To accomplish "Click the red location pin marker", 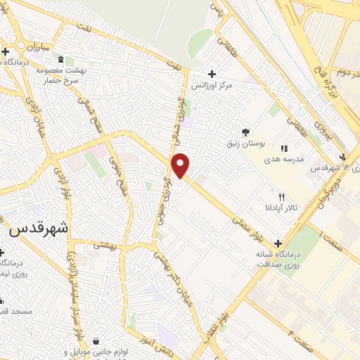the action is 181,165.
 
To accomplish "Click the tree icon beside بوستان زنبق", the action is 245,131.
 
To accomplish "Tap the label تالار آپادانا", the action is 281,208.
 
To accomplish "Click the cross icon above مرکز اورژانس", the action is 212,73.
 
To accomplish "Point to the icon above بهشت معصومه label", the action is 60,60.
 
